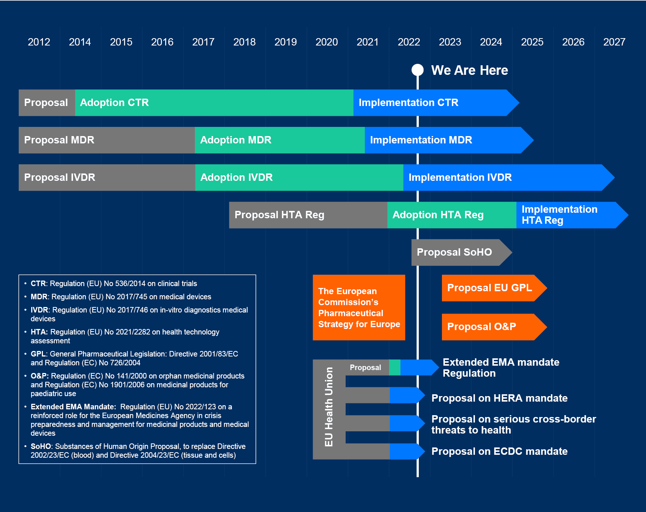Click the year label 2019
pyautogui.click(x=286, y=42)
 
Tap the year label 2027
pyautogui.click(x=614, y=42)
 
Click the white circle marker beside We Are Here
pyautogui.click(x=417, y=70)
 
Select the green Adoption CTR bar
pyautogui.click(x=214, y=103)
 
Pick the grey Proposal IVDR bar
pyautogui.click(x=107, y=178)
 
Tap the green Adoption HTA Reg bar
pyautogui.click(x=452, y=215)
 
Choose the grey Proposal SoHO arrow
pyautogui.click(x=462, y=252)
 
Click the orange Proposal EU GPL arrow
pyautogui.click(x=494, y=288)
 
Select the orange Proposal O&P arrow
pyautogui.click(x=494, y=327)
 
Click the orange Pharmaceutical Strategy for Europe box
pyautogui.click(x=359, y=307)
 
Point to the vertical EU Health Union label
pyautogui.click(x=329, y=407)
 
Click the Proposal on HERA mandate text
pyautogui.click(x=500, y=398)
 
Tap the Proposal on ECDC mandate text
pyautogui.click(x=500, y=451)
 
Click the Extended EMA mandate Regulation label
pyautogui.click(x=501, y=368)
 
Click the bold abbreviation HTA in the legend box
pyautogui.click(x=39, y=332)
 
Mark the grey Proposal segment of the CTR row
pyautogui.click(x=47, y=103)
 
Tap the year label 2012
pyautogui.click(x=39, y=42)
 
